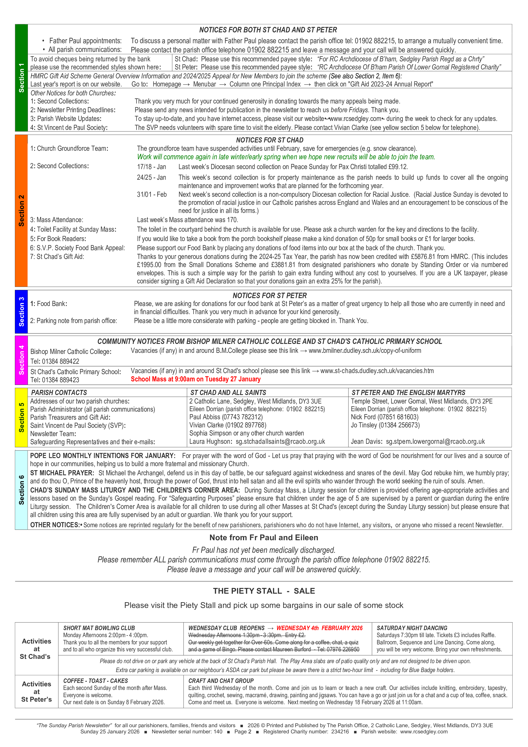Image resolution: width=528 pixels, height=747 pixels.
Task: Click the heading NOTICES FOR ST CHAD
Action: pyautogui.click(x=269, y=140)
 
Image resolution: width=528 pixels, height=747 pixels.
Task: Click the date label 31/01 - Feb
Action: pyautogui.click(x=152, y=195)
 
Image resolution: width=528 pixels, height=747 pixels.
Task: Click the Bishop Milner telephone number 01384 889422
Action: pyautogui.click(x=60, y=361)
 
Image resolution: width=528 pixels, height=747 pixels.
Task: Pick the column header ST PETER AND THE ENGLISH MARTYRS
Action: pyautogui.click(x=408, y=393)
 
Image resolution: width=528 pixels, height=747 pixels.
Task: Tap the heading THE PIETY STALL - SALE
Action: pyautogui.click(x=264, y=591)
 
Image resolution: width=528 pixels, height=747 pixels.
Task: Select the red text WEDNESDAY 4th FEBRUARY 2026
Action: pyautogui.click(x=319, y=628)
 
